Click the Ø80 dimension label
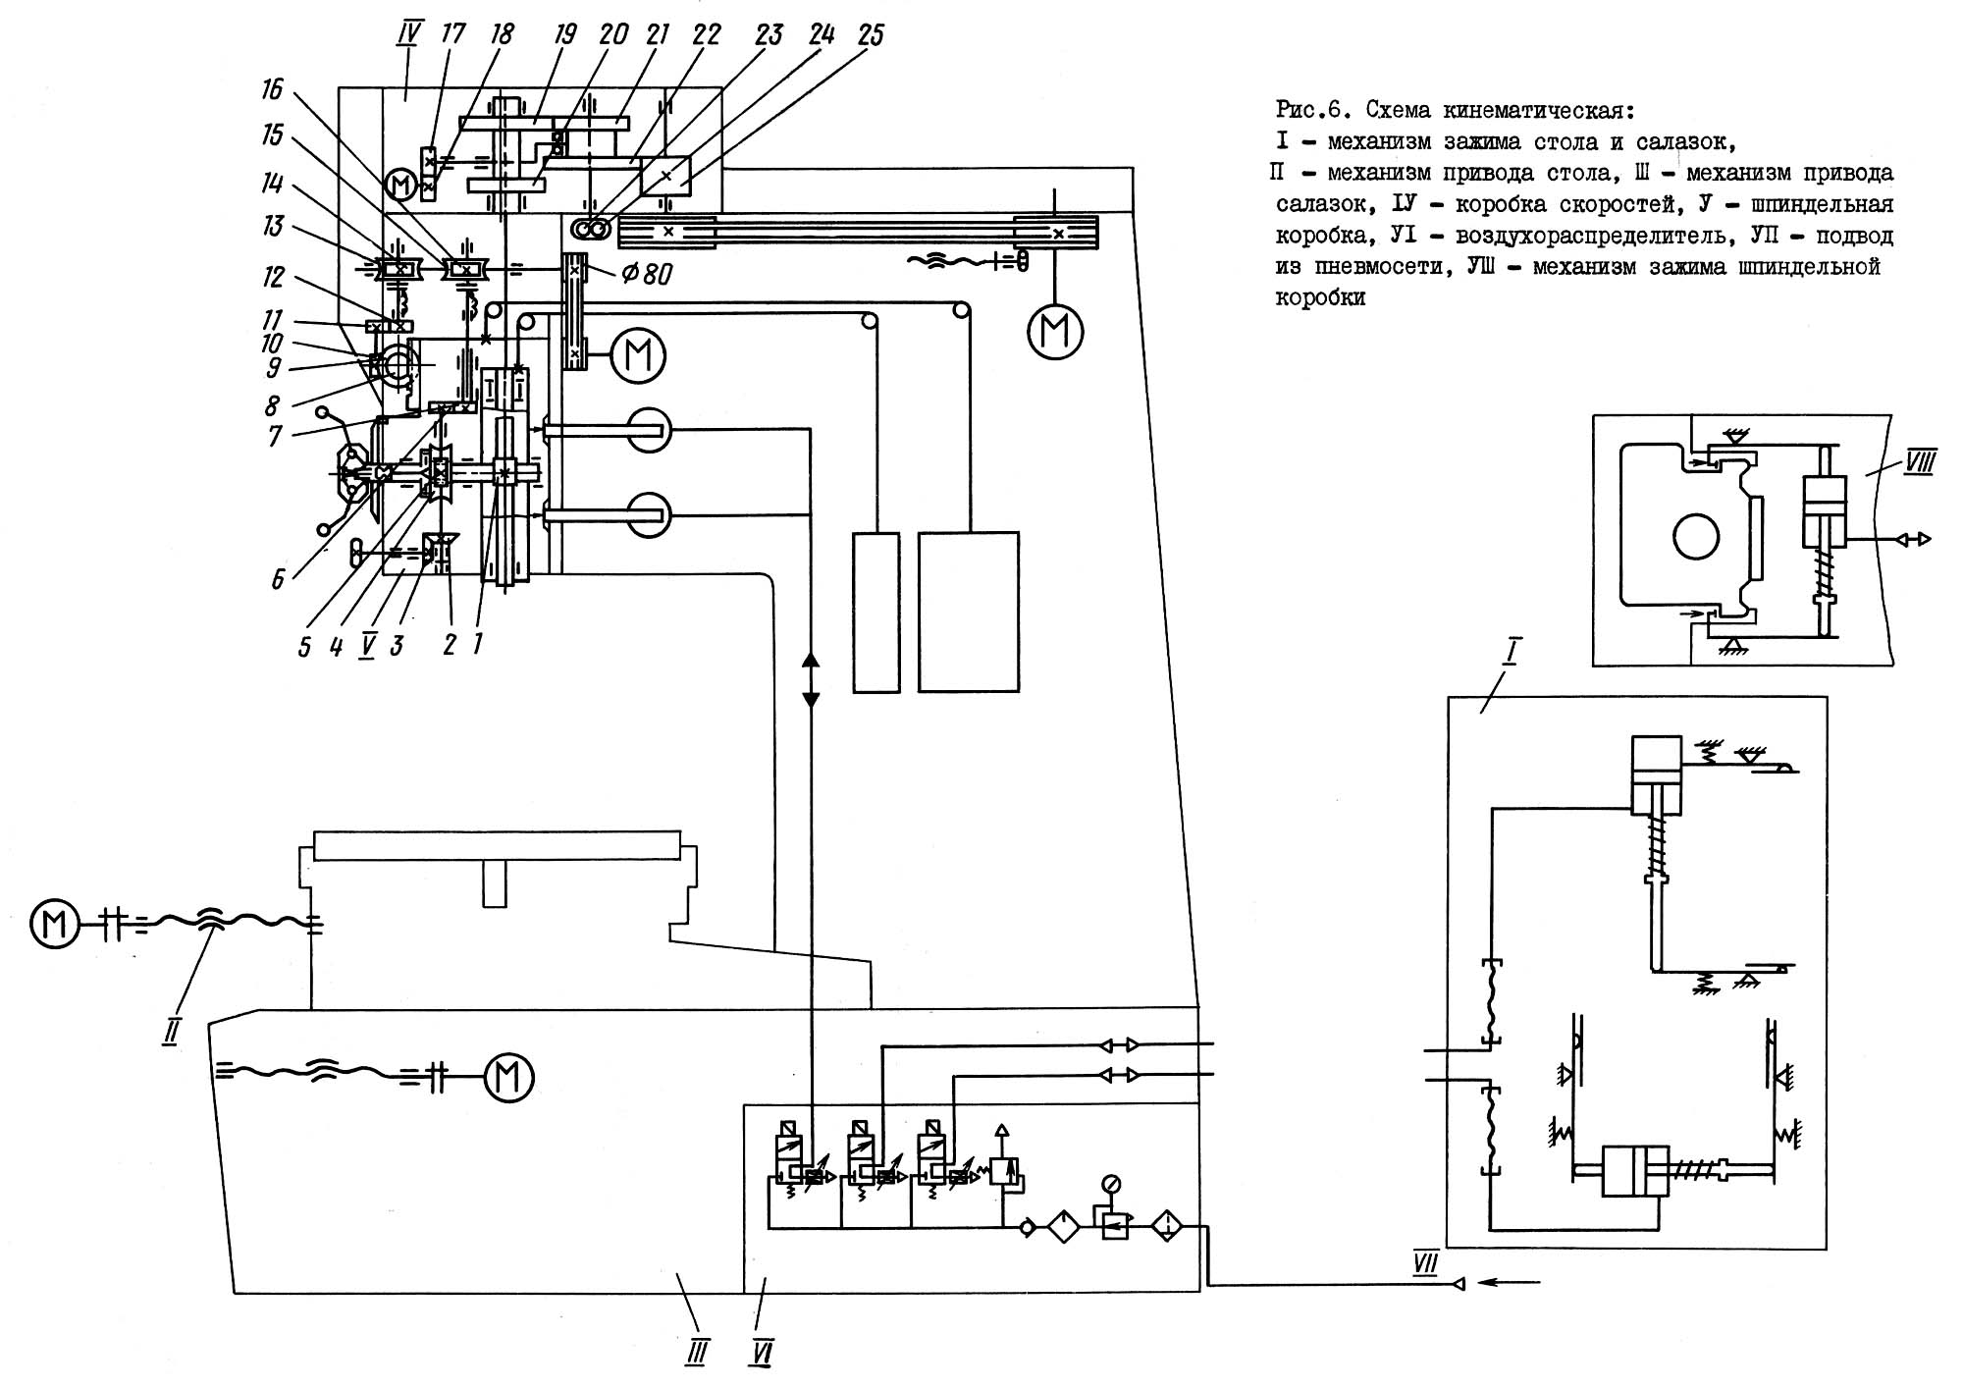pyautogui.click(x=648, y=274)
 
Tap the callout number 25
pyautogui.click(x=870, y=36)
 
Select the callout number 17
pyautogui.click(x=452, y=36)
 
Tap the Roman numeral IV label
pyautogui.click(x=407, y=36)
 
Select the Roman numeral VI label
pyautogui.click(x=761, y=1355)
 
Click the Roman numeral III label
pyautogui.click(x=696, y=1355)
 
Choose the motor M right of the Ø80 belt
pyautogui.click(x=638, y=354)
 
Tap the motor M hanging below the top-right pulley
pyautogui.click(x=1055, y=332)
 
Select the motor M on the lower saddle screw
pyautogui.click(x=508, y=1077)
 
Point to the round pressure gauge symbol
pyautogui.click(x=1111, y=1183)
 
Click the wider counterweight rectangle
pyautogui.click(x=969, y=612)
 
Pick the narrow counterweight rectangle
pyautogui.click(x=875, y=613)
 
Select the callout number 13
pyautogui.click(x=273, y=227)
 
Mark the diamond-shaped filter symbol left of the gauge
pyautogui.click(x=1063, y=1227)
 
